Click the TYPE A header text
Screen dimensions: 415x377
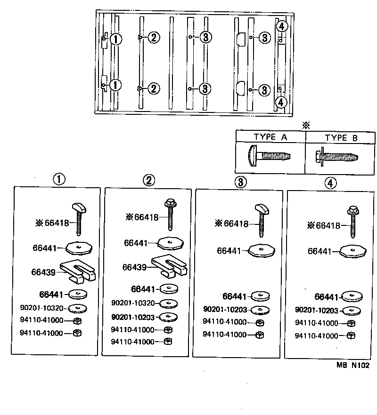point(270,137)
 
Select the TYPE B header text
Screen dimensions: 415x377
point(342,137)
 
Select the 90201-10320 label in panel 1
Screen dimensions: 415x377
point(41,308)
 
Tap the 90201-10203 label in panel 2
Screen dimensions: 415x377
point(133,317)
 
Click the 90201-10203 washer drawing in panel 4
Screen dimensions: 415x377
point(350,311)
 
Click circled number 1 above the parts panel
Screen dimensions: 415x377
point(58,179)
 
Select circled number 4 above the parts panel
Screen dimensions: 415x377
point(331,183)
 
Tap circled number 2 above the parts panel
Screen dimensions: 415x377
point(149,180)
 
